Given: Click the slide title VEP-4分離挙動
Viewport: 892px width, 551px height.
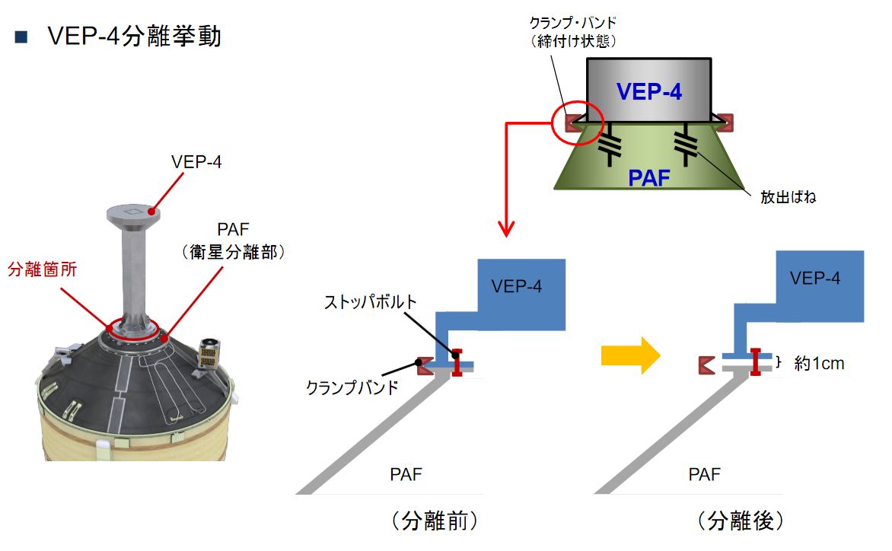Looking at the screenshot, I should coord(134,36).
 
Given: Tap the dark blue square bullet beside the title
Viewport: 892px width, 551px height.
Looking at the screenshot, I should coord(21,37).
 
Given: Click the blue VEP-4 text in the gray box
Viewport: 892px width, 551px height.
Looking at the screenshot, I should coord(649,91).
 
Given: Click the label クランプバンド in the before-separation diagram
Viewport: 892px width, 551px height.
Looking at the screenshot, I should coord(352,387).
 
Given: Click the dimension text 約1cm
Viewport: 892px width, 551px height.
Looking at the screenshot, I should coord(819,363).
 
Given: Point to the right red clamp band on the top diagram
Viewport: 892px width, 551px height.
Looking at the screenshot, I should coord(724,120).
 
